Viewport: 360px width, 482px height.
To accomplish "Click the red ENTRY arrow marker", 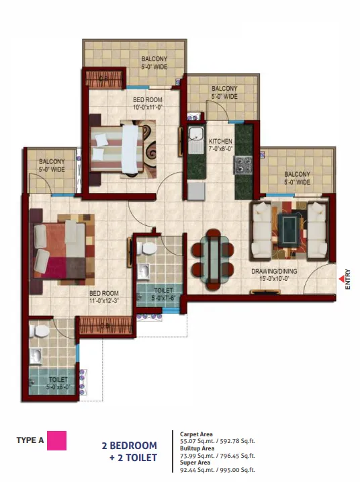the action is pyautogui.click(x=342, y=279).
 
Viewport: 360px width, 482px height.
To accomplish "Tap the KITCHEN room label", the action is pyautogui.click(x=220, y=141).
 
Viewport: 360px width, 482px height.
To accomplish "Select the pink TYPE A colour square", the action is pyautogui.click(x=56, y=440).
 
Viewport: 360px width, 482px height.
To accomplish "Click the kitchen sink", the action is pyautogui.click(x=195, y=135).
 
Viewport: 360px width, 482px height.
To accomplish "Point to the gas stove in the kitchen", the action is pyautogui.click(x=243, y=165).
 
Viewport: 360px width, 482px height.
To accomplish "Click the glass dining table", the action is pyautogui.click(x=213, y=259).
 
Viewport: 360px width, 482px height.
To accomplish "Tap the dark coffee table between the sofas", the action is pyautogui.click(x=288, y=227).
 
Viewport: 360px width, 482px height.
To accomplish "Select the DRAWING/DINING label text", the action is pyautogui.click(x=274, y=271).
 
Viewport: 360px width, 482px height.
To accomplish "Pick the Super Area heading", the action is pyautogui.click(x=195, y=463).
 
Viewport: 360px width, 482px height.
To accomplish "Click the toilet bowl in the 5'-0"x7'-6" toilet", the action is pyautogui.click(x=147, y=248).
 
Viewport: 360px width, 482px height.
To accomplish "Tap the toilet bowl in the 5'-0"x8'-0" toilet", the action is pyautogui.click(x=40, y=331).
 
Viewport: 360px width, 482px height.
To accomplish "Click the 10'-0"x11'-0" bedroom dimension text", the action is pyautogui.click(x=148, y=108).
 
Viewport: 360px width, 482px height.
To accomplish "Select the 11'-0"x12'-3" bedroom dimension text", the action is pyautogui.click(x=104, y=301).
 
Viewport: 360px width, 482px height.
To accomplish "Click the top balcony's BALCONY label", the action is pyautogui.click(x=154, y=58).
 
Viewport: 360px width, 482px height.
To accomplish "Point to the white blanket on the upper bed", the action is pyautogui.click(x=130, y=149).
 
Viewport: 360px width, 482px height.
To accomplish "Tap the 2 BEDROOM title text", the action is pyautogui.click(x=130, y=446).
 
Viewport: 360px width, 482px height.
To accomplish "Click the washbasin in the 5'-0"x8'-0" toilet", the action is pyautogui.click(x=36, y=356).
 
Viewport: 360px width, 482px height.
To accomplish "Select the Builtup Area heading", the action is pyautogui.click(x=197, y=448).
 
